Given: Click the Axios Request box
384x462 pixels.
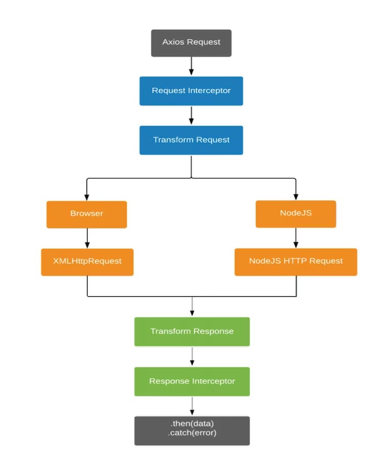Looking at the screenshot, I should [x=191, y=42].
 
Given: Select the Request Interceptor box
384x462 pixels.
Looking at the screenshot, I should [x=191, y=91].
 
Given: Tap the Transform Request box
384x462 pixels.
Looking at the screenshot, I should [x=191, y=140].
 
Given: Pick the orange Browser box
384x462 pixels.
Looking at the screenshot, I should [x=87, y=213].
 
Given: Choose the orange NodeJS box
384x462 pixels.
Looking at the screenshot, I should [x=295, y=213].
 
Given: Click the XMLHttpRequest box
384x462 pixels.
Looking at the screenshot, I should [x=87, y=261].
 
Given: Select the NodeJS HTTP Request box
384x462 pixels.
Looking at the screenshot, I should [x=295, y=261].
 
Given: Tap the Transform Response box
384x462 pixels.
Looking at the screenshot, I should [x=192, y=332].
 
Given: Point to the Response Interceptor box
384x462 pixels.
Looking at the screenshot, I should [x=192, y=381].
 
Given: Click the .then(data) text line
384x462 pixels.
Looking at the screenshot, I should [x=192, y=425].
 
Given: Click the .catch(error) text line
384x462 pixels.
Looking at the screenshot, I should [x=192, y=433].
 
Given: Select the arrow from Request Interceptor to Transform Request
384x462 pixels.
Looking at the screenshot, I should [x=191, y=115].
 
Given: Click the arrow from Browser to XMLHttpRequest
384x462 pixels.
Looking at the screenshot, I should [x=87, y=238].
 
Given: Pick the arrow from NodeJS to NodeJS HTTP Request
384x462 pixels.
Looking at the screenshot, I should [x=296, y=238].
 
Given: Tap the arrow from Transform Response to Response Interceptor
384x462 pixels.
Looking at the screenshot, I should [x=192, y=357].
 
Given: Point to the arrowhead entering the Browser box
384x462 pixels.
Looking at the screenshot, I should [x=87, y=197].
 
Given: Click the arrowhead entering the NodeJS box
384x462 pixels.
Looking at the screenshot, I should [x=296, y=197].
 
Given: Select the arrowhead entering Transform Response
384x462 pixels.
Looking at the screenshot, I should [x=192, y=314].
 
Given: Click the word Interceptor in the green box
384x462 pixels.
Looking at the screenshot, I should [x=214, y=381].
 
